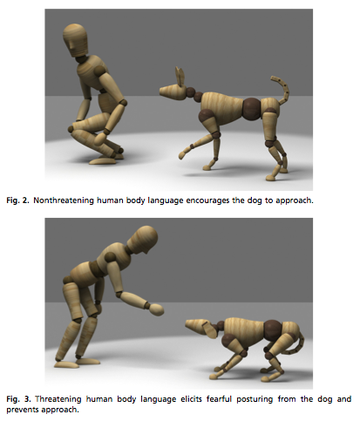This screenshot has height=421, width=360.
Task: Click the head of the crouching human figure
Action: [75, 40]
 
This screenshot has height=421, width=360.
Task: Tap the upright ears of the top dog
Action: [180, 77]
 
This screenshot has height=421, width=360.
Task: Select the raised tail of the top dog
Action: [282, 90]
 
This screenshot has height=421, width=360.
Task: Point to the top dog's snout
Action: [168, 92]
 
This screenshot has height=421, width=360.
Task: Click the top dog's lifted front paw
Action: [183, 154]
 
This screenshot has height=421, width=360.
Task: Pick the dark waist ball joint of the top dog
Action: [252, 109]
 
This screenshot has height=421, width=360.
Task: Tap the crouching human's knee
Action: [71, 128]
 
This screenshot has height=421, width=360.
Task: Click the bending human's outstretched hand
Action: [156, 309]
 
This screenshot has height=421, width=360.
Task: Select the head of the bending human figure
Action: [142, 240]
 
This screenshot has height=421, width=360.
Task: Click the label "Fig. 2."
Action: [17, 200]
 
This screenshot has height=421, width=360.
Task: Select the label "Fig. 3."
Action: [18, 399]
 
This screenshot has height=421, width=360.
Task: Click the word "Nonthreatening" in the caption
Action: [64, 200]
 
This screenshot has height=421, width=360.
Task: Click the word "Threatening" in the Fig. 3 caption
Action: [58, 399]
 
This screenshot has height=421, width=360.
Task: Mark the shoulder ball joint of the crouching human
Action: [99, 71]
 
